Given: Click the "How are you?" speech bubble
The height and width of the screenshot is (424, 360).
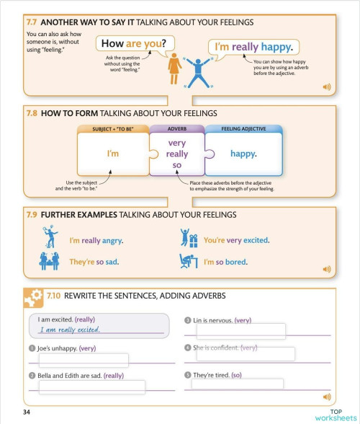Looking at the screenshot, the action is point(135,43).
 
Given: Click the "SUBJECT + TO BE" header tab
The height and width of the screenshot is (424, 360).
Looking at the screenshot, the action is point(113,129).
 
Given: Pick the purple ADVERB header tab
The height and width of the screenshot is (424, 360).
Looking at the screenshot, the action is point(176,129).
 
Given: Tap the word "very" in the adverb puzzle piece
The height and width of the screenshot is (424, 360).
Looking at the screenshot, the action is point(176,143).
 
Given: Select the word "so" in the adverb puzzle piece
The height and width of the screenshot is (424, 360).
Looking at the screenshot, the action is point(176,165).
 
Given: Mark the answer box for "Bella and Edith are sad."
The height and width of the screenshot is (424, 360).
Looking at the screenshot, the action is point(91,387).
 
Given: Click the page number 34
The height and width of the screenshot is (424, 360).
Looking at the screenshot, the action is point(27,412).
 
